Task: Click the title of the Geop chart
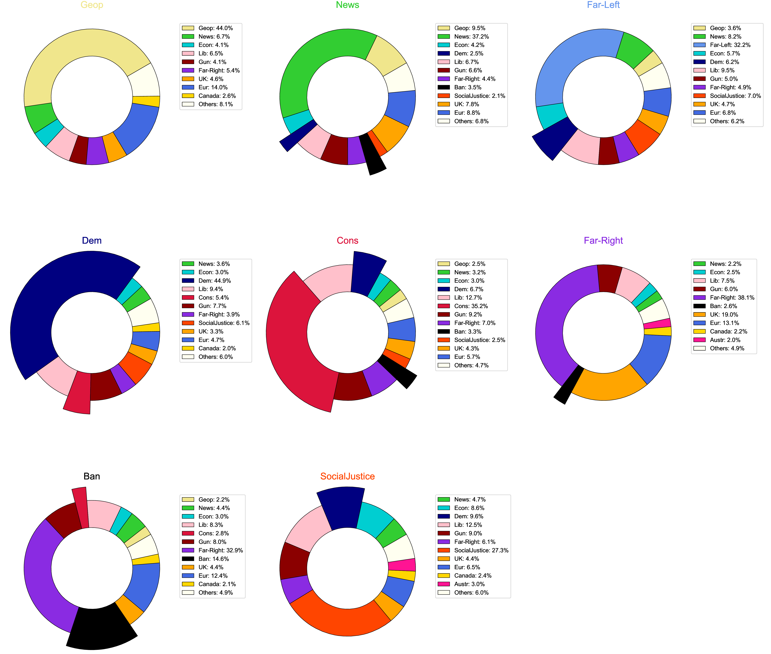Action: (92, 5)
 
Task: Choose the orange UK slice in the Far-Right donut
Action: (608, 386)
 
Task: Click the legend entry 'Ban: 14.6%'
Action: (213, 559)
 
